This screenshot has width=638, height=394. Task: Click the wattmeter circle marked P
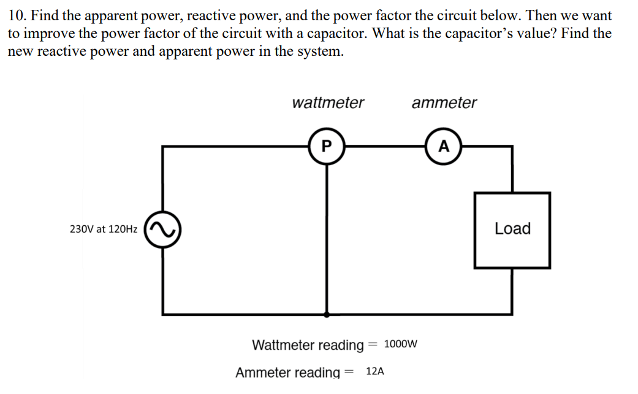point(326,146)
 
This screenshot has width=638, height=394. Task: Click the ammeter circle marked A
point(444,146)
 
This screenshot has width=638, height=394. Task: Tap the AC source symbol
point(162,229)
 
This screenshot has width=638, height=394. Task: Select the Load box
point(512,230)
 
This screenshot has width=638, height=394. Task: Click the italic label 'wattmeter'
point(328,102)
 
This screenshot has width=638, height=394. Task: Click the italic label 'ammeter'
point(444,102)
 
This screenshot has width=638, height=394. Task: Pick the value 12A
point(375,371)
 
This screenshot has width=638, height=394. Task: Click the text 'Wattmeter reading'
point(308,345)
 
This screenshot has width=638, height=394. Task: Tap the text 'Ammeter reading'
point(287,372)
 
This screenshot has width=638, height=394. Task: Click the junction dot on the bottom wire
point(326,314)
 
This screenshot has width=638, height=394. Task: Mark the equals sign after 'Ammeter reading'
point(349,372)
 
